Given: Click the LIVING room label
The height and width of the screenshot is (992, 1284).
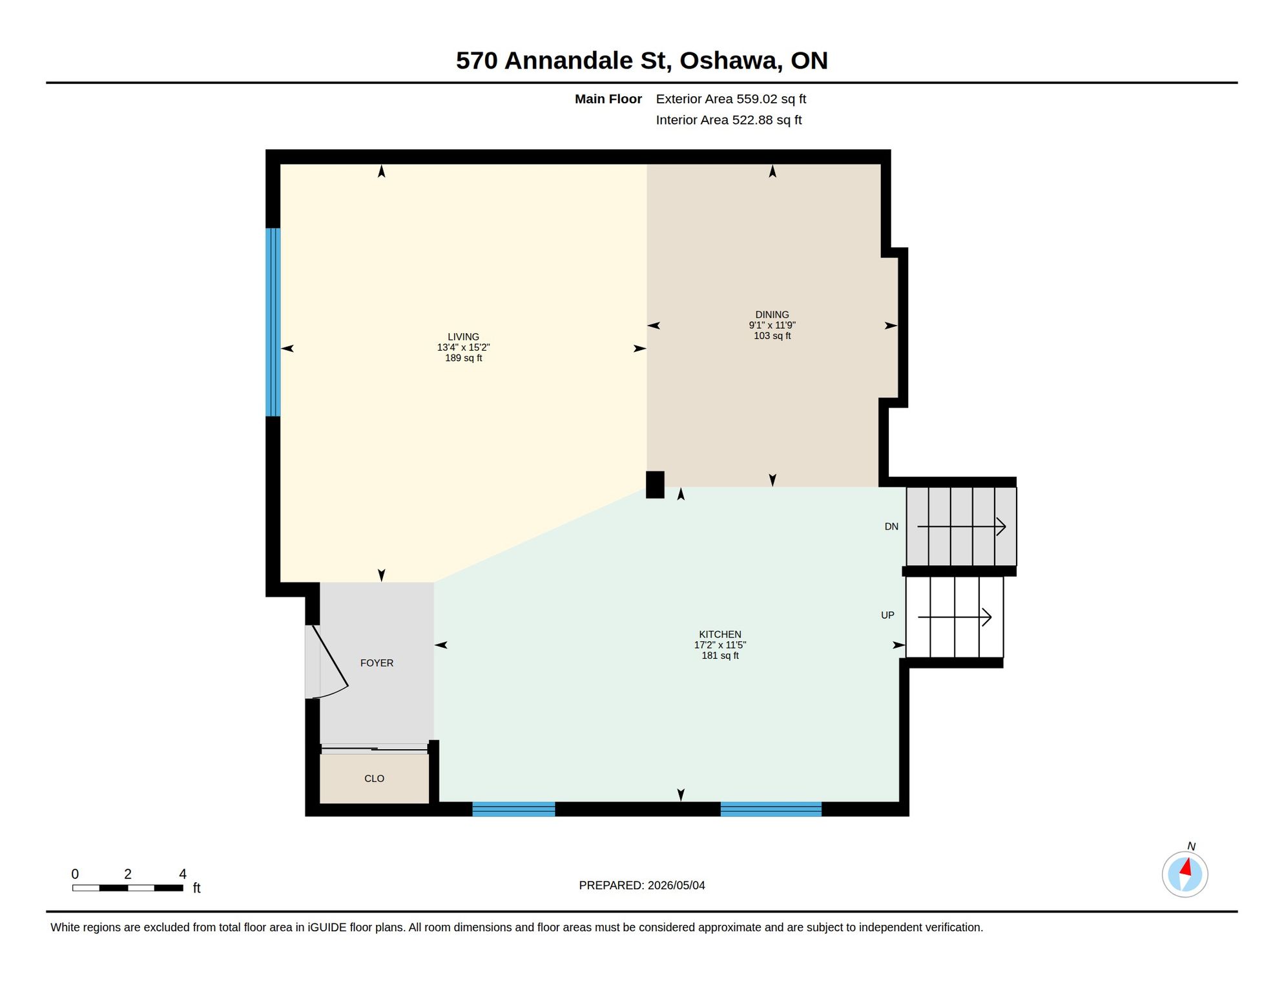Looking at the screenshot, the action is (463, 336).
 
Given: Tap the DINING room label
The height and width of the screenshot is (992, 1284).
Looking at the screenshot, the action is (772, 315).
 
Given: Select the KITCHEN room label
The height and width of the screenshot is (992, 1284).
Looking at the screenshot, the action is (720, 634).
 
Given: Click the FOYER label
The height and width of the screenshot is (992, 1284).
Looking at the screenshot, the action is (377, 663).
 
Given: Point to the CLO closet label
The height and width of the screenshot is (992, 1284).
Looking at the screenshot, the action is (374, 778).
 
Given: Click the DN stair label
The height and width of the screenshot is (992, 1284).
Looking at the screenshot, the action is (891, 526).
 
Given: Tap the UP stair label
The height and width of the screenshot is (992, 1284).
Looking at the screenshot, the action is (887, 615).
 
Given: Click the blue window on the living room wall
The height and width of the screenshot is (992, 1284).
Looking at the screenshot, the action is (273, 322).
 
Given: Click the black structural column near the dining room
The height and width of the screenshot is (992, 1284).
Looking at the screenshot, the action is (655, 484).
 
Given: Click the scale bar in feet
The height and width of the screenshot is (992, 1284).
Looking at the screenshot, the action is (128, 888).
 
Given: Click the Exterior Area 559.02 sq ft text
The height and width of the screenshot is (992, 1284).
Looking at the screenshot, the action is (731, 99).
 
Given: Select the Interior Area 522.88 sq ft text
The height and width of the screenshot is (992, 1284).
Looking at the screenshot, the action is (729, 120).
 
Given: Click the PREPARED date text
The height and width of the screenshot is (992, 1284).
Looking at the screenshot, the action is (642, 885).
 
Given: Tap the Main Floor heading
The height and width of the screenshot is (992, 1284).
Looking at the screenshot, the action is (608, 99).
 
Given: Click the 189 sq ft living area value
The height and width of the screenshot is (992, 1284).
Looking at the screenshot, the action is (463, 358).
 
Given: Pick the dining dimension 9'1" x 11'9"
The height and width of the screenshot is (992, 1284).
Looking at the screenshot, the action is (772, 325).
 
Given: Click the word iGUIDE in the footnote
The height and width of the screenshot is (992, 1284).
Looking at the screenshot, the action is (327, 927).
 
